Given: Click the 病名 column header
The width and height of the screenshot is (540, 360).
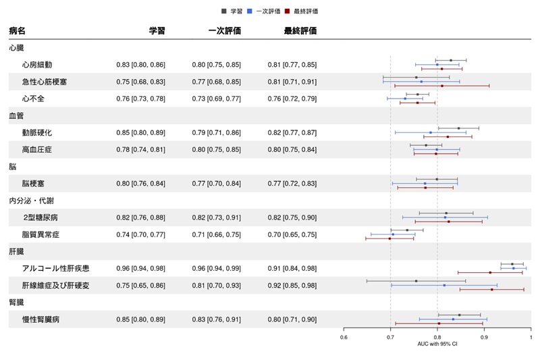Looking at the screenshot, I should click(18, 31).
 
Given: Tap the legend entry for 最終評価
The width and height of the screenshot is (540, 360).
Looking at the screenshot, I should click(304, 11).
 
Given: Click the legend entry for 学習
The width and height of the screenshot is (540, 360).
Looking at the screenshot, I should click(234, 11).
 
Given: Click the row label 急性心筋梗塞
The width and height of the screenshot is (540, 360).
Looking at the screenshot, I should click(45, 82).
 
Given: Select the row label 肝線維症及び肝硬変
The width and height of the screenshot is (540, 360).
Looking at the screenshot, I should click(55, 285).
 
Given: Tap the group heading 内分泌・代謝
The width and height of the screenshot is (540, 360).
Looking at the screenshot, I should click(31, 201).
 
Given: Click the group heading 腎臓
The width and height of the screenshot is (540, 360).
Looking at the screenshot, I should click(16, 302).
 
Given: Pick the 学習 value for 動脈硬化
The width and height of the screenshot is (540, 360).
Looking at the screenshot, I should click(140, 132).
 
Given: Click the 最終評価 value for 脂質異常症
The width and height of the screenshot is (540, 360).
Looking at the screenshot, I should click(292, 234).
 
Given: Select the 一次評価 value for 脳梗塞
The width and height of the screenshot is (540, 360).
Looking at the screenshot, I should click(216, 184).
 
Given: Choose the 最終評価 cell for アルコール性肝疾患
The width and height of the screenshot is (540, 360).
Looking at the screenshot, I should click(292, 268).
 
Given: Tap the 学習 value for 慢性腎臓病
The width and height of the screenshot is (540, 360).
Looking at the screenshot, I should click(140, 319).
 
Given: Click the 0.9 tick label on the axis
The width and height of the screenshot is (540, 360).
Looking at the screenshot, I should click(484, 337).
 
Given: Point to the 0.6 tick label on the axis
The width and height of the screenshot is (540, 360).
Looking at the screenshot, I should click(344, 337).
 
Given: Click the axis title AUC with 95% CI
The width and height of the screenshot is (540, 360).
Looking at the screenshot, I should click(437, 344).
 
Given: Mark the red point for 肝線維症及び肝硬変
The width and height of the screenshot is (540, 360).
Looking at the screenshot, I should click(491, 289).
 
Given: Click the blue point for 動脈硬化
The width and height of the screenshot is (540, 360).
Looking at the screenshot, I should click(431, 132).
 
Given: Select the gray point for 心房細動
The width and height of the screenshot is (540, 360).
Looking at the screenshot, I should click(451, 60).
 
